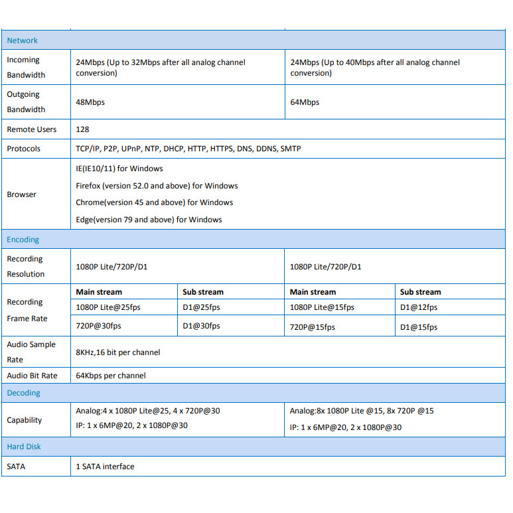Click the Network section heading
click(x=23, y=40)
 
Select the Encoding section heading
click(x=23, y=240)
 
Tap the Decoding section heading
click(x=24, y=393)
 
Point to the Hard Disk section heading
click(x=24, y=447)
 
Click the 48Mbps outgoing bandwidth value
click(x=90, y=102)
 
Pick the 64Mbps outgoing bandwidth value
click(x=305, y=102)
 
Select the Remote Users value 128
click(x=82, y=129)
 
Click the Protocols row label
click(x=24, y=149)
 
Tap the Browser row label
click(x=22, y=194)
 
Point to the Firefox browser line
click(x=157, y=186)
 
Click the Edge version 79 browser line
click(x=149, y=220)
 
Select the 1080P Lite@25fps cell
click(x=108, y=307)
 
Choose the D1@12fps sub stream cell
click(x=419, y=307)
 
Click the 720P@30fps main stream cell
click(x=99, y=327)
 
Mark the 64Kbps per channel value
click(x=111, y=376)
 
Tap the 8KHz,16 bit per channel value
click(x=118, y=352)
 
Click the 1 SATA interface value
click(x=105, y=467)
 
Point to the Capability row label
click(x=25, y=420)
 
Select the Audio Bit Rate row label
click(x=32, y=376)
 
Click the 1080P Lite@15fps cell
click(x=322, y=307)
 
